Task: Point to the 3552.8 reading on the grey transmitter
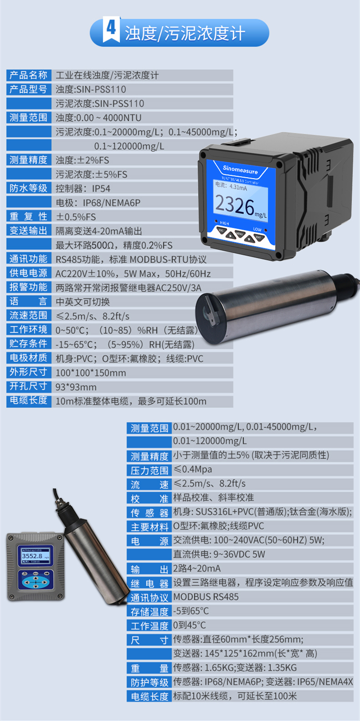pyautogui.click(x=32, y=556)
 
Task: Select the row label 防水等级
pyautogui.click(x=29, y=188)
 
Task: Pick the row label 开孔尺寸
pyautogui.click(x=29, y=386)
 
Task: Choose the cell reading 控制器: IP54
pyautogui.click(x=83, y=189)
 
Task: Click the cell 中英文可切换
pyautogui.click(x=82, y=302)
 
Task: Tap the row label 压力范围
pyautogui.click(x=149, y=471)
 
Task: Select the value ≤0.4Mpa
pyautogui.click(x=193, y=469)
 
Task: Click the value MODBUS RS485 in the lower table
pyautogui.click(x=206, y=597)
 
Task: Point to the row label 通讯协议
pyautogui.click(x=149, y=598)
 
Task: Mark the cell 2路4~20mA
pyautogui.click(x=197, y=569)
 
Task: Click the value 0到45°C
pyautogui.click(x=190, y=625)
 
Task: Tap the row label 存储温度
pyautogui.click(x=149, y=612)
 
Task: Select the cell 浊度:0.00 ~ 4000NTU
pyautogui.click(x=98, y=118)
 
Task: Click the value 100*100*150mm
pyautogui.click(x=91, y=373)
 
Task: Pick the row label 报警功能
pyautogui.click(x=29, y=288)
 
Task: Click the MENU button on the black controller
pyautogui.click(x=239, y=234)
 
